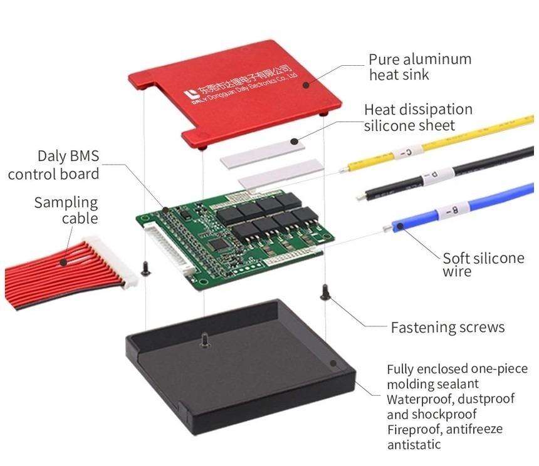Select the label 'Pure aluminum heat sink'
(x=419, y=67)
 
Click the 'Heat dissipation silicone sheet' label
(x=418, y=117)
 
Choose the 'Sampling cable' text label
(x=65, y=210)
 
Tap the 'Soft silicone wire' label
(x=483, y=265)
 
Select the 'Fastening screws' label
(x=447, y=327)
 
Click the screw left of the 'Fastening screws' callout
(x=325, y=293)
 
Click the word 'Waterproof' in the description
(x=417, y=399)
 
